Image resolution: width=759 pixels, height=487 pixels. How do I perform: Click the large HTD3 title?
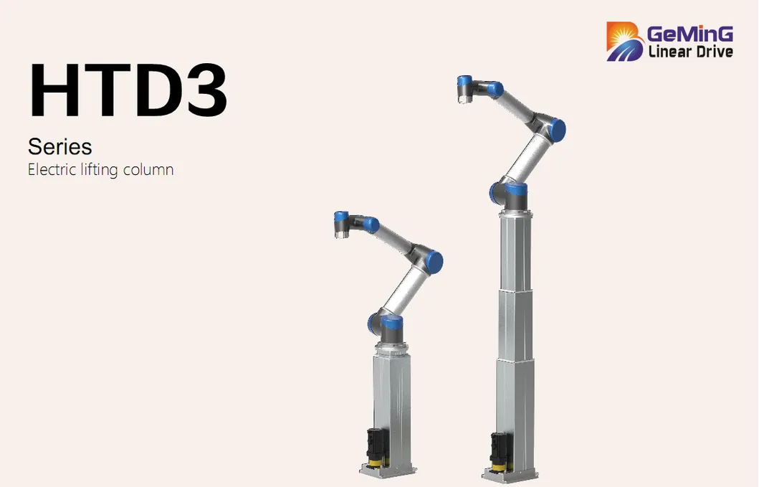point(128,90)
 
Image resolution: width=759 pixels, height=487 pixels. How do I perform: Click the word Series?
point(60,146)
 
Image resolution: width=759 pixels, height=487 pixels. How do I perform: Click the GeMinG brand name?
point(690,34)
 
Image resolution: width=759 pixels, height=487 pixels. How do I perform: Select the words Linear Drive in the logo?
point(691,52)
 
